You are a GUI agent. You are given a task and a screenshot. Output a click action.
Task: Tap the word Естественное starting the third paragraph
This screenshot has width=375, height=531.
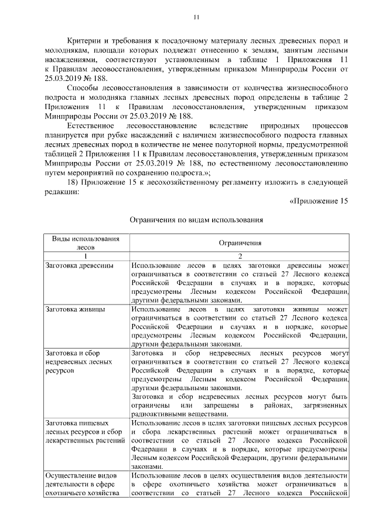91,126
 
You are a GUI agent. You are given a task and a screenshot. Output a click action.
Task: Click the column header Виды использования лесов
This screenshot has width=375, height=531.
86,243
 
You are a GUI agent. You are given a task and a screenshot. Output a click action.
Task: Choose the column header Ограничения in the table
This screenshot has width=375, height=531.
240,243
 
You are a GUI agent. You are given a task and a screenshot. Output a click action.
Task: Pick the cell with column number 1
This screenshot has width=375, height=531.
86,256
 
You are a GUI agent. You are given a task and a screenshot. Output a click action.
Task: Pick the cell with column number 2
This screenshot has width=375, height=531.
240,256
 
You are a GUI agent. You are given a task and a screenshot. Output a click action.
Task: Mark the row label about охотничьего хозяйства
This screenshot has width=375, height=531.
82,483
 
